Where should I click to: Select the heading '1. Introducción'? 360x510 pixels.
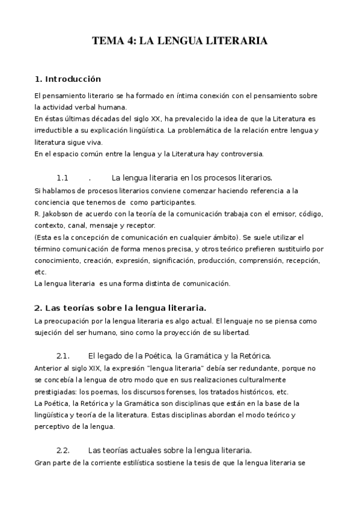(x=68, y=79)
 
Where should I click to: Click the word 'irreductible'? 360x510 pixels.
(x=52, y=131)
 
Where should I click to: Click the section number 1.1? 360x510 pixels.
(x=63, y=178)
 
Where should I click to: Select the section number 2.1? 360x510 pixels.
(x=63, y=355)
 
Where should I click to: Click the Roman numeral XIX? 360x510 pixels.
(x=91, y=367)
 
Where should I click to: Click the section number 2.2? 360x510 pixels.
(x=63, y=450)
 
